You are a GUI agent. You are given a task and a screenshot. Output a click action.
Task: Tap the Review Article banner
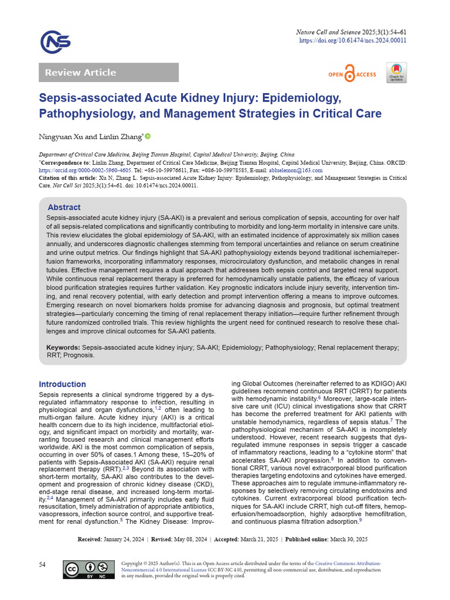coord(108,73)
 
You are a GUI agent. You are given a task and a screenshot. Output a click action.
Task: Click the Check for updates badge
coord(396,73)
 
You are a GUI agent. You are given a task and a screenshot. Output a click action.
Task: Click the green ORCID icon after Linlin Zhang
coord(148,137)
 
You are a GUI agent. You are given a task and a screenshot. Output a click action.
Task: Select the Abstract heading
coord(64,207)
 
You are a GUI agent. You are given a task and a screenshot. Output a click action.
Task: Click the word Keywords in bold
coord(63,347)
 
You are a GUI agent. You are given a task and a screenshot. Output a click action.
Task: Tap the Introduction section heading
coord(62,384)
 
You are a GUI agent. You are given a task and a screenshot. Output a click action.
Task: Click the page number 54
coord(43,564)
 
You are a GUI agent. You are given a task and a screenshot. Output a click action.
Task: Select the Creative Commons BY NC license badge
coord(88,570)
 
